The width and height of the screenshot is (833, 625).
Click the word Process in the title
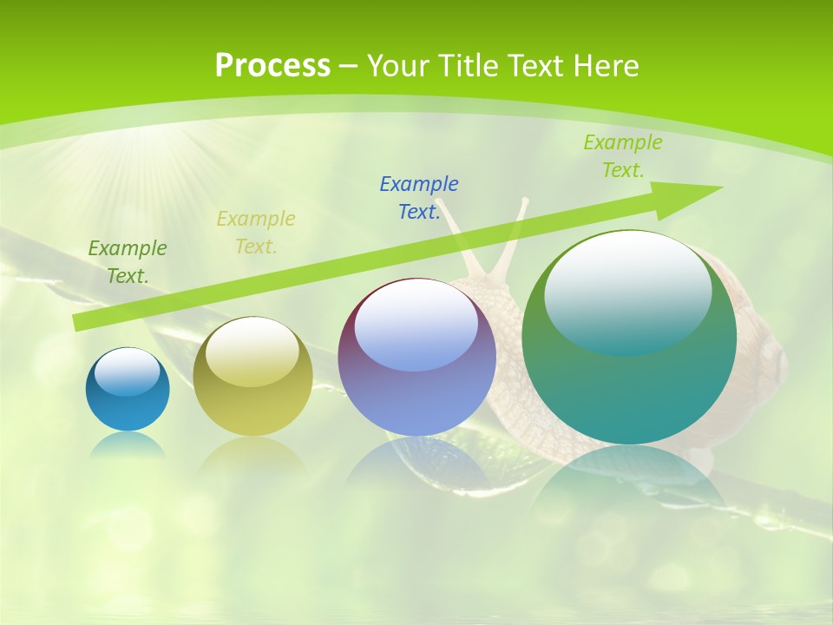click(272, 66)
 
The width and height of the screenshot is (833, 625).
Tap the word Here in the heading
click(606, 66)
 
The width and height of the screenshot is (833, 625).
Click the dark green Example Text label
click(127, 262)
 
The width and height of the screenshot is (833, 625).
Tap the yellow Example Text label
click(256, 233)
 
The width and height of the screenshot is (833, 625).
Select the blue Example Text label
click(419, 198)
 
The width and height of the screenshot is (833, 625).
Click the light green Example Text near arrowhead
click(623, 156)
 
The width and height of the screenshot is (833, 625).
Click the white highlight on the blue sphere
click(128, 372)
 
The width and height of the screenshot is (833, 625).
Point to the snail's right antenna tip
click(524, 202)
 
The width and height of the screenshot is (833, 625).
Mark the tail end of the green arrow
click(78, 322)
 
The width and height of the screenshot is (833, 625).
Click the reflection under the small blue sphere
click(128, 444)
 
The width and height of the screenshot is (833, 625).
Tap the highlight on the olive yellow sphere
click(253, 352)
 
